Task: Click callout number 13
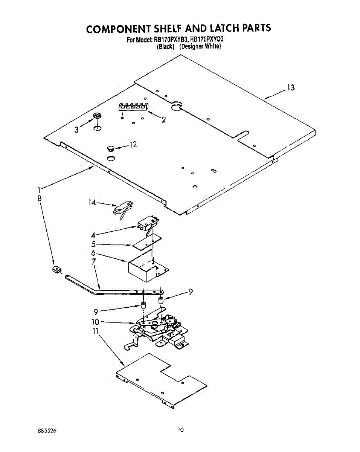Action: click(290, 88)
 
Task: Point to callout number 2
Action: click(164, 120)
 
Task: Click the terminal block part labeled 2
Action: click(133, 107)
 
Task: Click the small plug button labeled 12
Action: click(110, 148)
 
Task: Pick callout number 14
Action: click(92, 203)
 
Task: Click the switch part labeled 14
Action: click(123, 208)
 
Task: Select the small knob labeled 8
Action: click(57, 270)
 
